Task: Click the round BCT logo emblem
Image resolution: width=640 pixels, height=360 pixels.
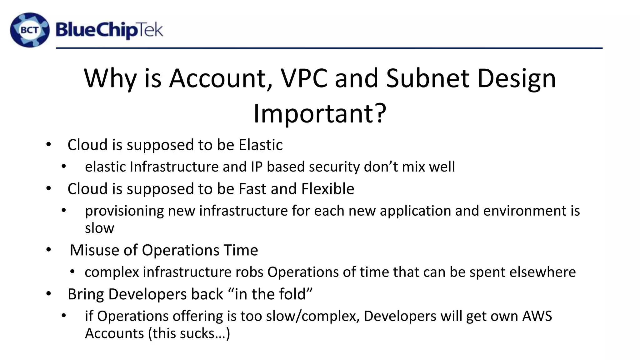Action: point(30,30)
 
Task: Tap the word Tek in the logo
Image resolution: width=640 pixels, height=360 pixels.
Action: point(150,30)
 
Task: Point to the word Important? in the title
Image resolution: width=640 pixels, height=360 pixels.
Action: point(320,113)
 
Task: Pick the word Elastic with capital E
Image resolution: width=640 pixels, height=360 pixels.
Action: point(261,145)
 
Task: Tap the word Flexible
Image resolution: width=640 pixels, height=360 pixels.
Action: point(328,189)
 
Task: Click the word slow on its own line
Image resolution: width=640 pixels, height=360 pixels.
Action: point(99,228)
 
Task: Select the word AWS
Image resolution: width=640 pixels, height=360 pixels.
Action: point(537,316)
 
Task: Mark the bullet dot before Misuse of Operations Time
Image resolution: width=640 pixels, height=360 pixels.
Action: point(48,250)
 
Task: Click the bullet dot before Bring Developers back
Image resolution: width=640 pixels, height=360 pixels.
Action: point(48,294)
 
